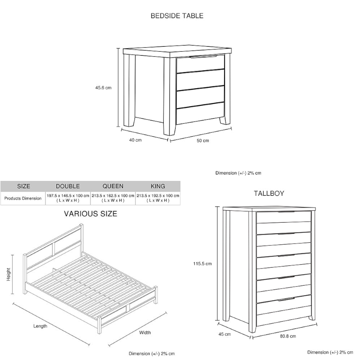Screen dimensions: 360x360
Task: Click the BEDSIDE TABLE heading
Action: tap(177, 16)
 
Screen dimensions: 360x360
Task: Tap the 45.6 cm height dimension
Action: tap(103, 87)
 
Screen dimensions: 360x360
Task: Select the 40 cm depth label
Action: tap(135, 140)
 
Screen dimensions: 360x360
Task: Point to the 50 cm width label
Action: tap(203, 140)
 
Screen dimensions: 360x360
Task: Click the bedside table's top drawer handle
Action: tap(203, 57)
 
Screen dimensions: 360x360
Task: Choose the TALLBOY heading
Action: tap(269, 193)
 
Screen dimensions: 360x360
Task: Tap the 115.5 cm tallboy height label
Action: tap(202, 264)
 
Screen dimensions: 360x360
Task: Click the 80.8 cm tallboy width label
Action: tap(288, 336)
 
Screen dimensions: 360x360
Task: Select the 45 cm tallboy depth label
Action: tap(225, 334)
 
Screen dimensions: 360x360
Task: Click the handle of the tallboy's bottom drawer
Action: tap(286, 299)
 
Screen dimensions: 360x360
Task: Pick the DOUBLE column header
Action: tap(68, 186)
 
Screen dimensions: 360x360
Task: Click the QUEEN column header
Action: tap(113, 186)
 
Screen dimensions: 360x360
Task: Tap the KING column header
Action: tap(158, 186)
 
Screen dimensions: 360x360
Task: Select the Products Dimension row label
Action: tap(23, 198)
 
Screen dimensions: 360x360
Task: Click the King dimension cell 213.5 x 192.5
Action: tap(158, 198)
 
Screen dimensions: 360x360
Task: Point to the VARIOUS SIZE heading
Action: tap(90, 214)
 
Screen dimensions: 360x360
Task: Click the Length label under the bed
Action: tap(40, 326)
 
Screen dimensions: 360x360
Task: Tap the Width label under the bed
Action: tap(145, 333)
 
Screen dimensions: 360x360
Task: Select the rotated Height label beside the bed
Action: tap(9, 274)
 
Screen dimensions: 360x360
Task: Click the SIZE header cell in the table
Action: tap(23, 186)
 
